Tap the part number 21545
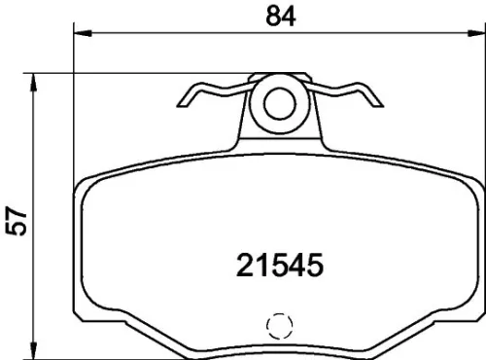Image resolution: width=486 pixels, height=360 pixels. tap(279, 263)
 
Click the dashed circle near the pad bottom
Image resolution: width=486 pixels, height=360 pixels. tap(279, 327)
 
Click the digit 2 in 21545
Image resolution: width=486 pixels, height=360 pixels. tap(246, 263)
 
